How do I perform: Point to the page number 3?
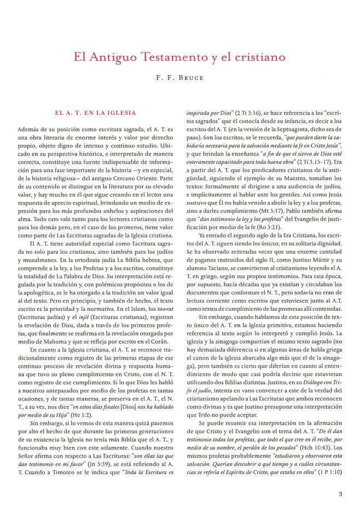[x=340, y=495]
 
